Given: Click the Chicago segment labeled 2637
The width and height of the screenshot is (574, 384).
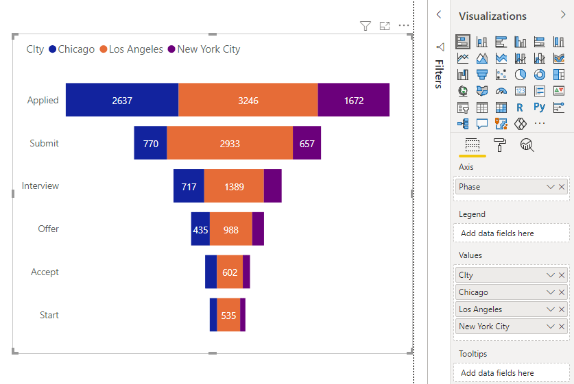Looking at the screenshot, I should [x=122, y=100].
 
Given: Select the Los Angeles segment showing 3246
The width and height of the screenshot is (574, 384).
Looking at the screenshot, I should [x=248, y=100].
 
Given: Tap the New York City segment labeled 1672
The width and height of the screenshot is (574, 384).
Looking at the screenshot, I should [x=354, y=100].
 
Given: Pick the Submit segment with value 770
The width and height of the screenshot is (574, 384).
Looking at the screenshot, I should [x=151, y=143].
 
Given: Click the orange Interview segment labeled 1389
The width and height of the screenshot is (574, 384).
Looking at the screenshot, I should [x=234, y=186].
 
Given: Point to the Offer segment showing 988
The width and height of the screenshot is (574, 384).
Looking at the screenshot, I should [x=231, y=229].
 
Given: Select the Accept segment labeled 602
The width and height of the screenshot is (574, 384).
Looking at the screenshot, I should [x=230, y=272].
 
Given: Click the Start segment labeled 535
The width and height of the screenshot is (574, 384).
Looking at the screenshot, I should [x=228, y=316].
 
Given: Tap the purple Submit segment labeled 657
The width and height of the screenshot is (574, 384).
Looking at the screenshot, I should [x=307, y=143].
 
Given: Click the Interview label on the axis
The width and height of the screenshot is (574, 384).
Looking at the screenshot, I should [x=40, y=186].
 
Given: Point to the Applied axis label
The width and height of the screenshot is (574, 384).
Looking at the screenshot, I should [x=43, y=100].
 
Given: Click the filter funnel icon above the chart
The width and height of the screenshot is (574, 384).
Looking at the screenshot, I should [x=366, y=26].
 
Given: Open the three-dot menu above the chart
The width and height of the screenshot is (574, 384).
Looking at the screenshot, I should [x=404, y=26].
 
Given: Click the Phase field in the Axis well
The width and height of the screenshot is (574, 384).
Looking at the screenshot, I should [x=501, y=187].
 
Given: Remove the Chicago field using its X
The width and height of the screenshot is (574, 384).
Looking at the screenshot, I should [x=562, y=292].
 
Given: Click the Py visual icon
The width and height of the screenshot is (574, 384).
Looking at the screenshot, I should [x=540, y=107].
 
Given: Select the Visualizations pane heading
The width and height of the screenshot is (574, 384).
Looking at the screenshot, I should [x=492, y=16].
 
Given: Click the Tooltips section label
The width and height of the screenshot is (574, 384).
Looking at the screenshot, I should [x=473, y=354].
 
